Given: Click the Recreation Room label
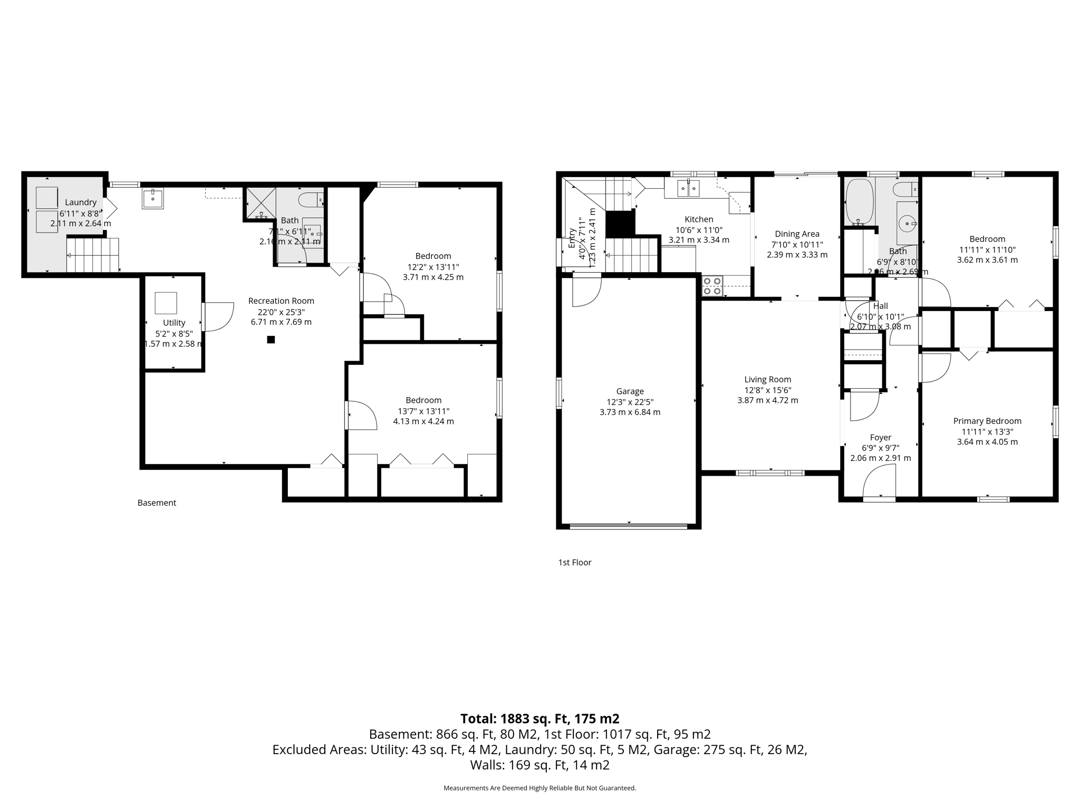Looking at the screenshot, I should [x=281, y=301].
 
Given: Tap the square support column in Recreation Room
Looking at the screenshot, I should [x=271, y=340].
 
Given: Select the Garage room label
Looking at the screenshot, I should [x=630, y=391].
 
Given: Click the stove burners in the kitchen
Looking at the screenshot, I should [x=712, y=285].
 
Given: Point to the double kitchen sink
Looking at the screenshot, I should [x=689, y=188].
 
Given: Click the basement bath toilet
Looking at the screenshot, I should [x=310, y=200].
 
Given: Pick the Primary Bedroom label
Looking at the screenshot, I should [x=987, y=421].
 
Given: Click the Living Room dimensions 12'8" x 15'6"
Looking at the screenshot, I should [x=767, y=390].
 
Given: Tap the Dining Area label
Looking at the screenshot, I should [x=797, y=234].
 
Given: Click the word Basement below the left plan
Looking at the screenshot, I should [x=157, y=503].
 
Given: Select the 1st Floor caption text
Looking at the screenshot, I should [x=574, y=563].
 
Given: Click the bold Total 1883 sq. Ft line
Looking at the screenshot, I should [x=539, y=719].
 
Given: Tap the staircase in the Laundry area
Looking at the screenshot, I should [x=92, y=255].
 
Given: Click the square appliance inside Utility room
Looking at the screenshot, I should [x=166, y=303].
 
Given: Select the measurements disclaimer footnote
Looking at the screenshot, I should [x=539, y=788].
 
